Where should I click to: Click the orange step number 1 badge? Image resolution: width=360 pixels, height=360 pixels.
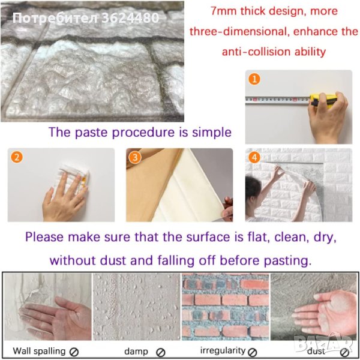(254, 79)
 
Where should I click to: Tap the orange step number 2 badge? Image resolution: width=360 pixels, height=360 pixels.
(17, 157)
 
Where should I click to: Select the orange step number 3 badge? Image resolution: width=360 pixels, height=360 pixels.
(135, 157)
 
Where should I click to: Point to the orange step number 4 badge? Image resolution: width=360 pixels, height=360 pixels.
(254, 157)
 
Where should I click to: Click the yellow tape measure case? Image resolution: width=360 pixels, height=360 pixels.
(323, 101)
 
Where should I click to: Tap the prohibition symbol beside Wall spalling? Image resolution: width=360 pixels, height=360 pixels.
(74, 352)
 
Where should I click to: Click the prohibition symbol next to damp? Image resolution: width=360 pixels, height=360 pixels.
(160, 352)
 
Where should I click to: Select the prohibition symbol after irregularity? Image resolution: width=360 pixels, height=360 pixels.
(253, 352)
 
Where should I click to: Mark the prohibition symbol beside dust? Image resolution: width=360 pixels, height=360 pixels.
(344, 352)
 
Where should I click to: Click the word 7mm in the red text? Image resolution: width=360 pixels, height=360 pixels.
(224, 11)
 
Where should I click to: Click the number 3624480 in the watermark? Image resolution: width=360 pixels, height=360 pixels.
(130, 17)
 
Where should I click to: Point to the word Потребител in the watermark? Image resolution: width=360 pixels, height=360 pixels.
(56, 18)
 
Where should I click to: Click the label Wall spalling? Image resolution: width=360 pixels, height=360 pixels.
(39, 351)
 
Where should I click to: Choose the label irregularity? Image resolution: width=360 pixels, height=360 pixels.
(223, 350)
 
